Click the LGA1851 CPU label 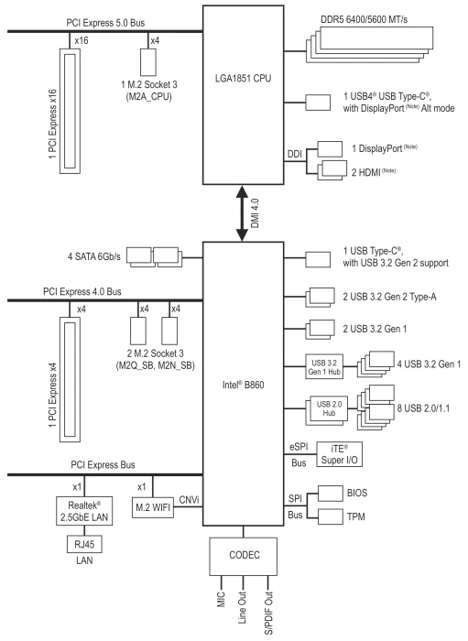click(244, 78)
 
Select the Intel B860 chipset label click(244, 385)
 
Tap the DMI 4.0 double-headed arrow click(243, 213)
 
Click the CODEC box click(244, 557)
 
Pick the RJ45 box click(84, 544)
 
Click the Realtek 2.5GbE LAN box click(84, 511)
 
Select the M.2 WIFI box click(153, 507)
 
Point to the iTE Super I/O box click(339, 454)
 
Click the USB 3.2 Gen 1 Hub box click(324, 366)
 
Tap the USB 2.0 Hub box click(329, 408)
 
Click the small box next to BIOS click(331, 494)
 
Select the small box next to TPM click(331, 516)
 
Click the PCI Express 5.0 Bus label click(105, 23)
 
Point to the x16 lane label click(82, 40)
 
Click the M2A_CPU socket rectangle click(148, 61)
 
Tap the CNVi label click(189, 500)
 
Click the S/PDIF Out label click(268, 614)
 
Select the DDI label click(295, 154)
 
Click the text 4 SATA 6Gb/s click(94, 256)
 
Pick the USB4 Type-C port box click(318, 103)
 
